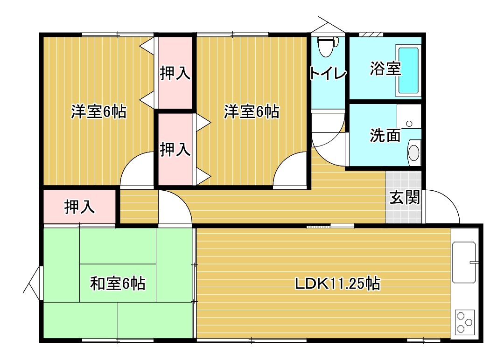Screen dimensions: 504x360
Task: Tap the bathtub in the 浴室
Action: (409, 70)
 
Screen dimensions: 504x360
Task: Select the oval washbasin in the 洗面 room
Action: (414, 152)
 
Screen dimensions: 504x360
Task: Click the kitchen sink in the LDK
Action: (464, 262)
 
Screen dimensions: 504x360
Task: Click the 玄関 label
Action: (405, 197)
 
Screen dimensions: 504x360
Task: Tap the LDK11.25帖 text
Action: (337, 284)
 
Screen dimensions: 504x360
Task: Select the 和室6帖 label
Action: (118, 284)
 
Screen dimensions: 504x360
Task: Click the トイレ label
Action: (328, 74)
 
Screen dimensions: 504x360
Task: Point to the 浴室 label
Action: (385, 68)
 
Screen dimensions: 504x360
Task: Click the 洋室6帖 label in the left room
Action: (98, 112)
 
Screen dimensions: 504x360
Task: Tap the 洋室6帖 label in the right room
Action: (252, 112)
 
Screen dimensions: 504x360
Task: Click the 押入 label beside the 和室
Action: (80, 207)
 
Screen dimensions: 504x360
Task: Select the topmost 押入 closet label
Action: (175, 73)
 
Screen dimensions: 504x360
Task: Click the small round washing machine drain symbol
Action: (409, 124)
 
